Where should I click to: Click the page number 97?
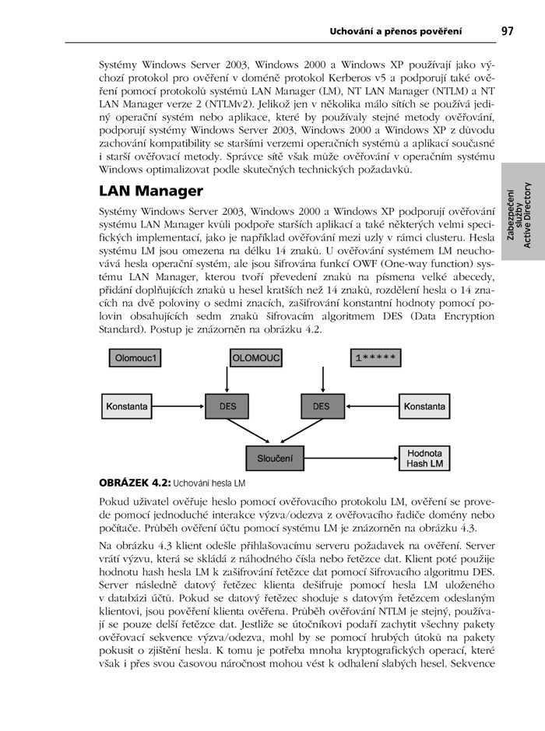coord(507,31)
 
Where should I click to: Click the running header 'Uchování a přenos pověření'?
coord(396,31)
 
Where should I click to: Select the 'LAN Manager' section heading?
coord(151,191)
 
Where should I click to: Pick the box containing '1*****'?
coord(377,358)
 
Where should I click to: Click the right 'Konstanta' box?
coord(424,406)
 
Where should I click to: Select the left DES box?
coord(227,406)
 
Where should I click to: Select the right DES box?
coord(321,406)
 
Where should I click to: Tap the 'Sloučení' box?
coord(275,458)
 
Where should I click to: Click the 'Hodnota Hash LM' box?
coord(424,458)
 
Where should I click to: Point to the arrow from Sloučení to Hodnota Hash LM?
coord(351,458)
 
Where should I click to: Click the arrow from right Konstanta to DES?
coord(371,406)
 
